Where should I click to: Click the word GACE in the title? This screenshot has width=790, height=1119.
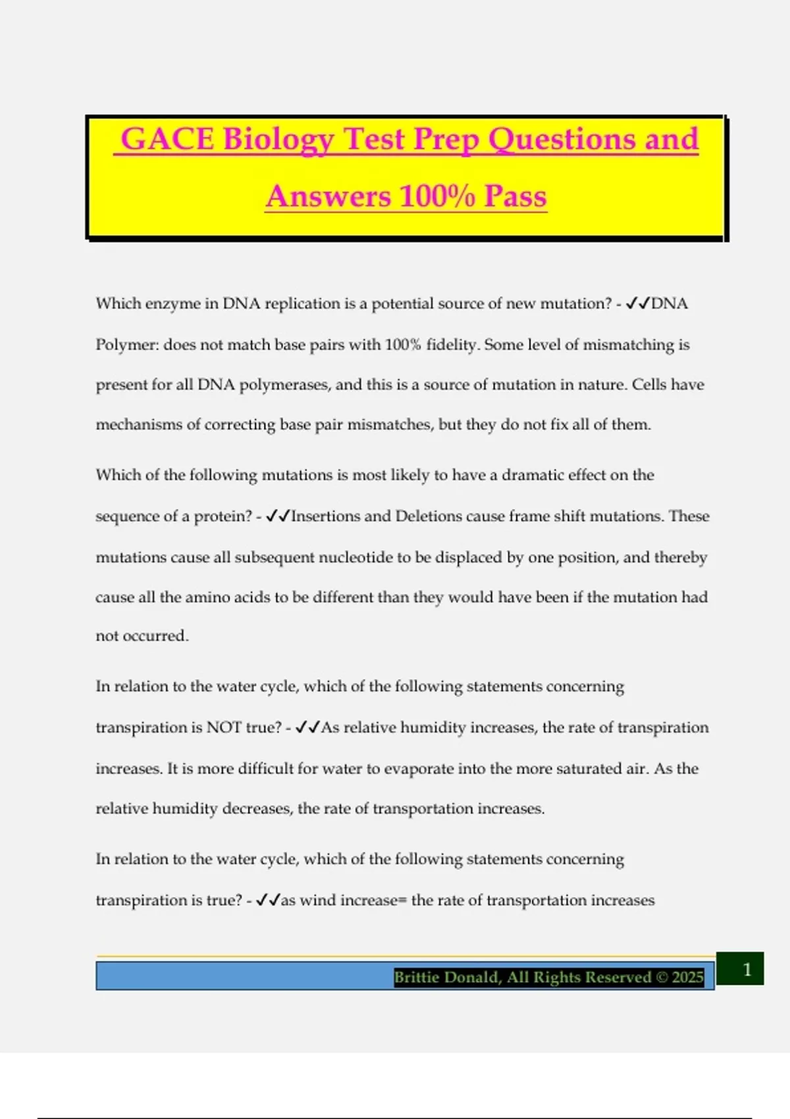167,139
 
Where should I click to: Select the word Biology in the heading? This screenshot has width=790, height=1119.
278,140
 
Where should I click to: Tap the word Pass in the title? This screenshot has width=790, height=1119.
515,196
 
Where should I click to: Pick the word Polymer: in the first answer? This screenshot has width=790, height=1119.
126,344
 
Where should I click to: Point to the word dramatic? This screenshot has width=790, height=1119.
534,475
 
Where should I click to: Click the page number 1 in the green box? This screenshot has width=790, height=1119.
747,969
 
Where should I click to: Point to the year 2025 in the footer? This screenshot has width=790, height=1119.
687,977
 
